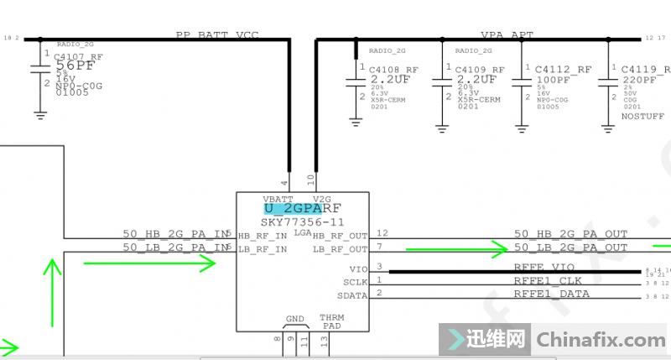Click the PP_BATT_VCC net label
click(x=216, y=35)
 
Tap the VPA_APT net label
click(x=507, y=35)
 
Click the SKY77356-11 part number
click(x=302, y=222)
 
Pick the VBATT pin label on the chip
click(x=278, y=198)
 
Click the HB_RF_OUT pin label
click(x=341, y=236)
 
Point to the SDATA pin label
click(x=352, y=295)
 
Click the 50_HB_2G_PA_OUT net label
click(x=570, y=234)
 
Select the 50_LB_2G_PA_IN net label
click(x=174, y=248)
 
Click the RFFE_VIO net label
click(x=544, y=267)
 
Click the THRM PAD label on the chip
click(x=331, y=322)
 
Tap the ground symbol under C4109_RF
click(x=441, y=126)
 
